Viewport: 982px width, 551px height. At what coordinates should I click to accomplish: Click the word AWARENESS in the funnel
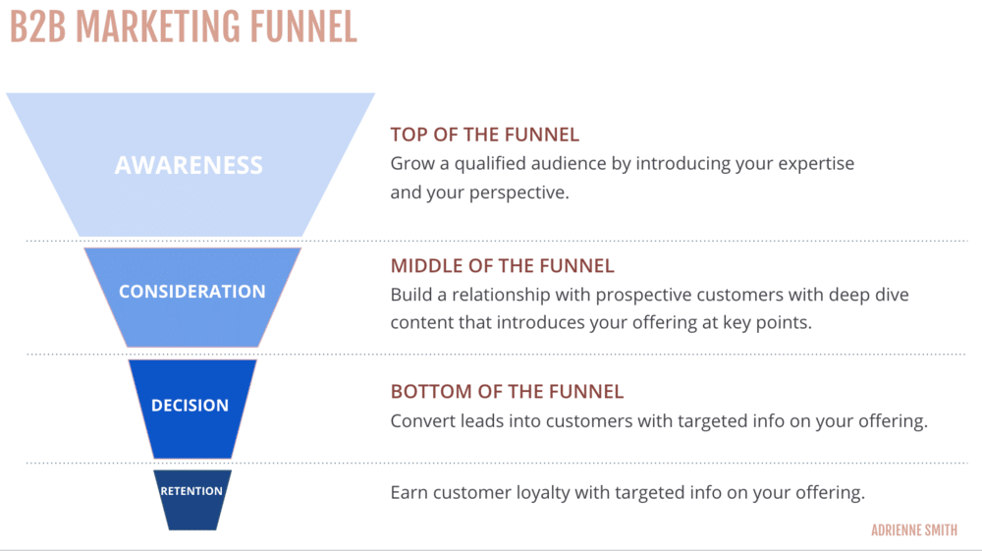[x=189, y=165]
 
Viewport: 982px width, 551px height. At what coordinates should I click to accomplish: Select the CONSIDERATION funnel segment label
[x=191, y=292]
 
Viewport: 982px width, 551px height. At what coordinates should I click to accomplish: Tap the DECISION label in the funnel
[x=190, y=405]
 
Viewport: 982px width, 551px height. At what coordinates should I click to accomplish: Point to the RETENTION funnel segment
[x=191, y=491]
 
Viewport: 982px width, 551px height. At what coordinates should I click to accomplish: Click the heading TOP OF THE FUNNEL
[x=484, y=135]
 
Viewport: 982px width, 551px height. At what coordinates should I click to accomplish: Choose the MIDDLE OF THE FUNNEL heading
[x=502, y=265]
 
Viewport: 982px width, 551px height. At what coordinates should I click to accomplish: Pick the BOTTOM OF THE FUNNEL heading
[x=507, y=391]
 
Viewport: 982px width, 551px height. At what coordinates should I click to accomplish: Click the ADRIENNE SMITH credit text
[x=913, y=530]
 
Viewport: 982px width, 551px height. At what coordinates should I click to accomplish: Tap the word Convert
[x=421, y=420]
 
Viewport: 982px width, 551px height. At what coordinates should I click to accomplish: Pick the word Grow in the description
[x=410, y=163]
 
